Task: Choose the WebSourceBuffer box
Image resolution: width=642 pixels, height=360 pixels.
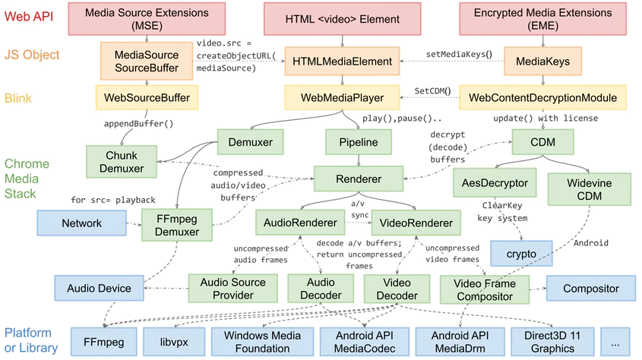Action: tap(146, 97)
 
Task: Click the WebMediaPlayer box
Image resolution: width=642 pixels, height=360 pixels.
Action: tap(343, 97)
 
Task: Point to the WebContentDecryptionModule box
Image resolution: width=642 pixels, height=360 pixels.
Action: tap(542, 97)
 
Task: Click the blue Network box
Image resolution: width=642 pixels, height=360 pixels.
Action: tap(81, 223)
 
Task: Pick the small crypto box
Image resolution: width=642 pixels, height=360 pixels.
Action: tap(521, 253)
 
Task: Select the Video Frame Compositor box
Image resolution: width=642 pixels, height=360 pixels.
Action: tap(483, 289)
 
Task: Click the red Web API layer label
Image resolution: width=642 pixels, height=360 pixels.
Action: tap(28, 17)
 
